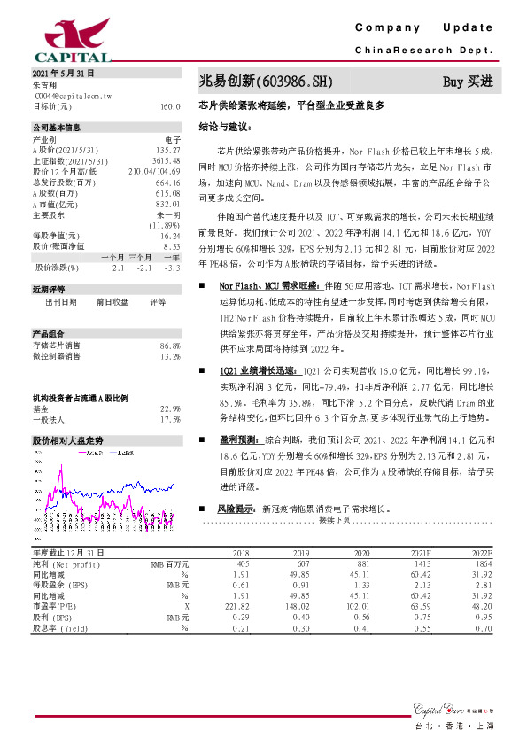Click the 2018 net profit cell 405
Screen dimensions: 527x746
coord(242,563)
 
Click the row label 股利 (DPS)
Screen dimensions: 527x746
coord(54,617)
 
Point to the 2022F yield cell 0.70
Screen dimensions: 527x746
coord(507,627)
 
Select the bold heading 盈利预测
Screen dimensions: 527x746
coord(238,439)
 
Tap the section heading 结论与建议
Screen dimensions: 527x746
coord(224,126)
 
